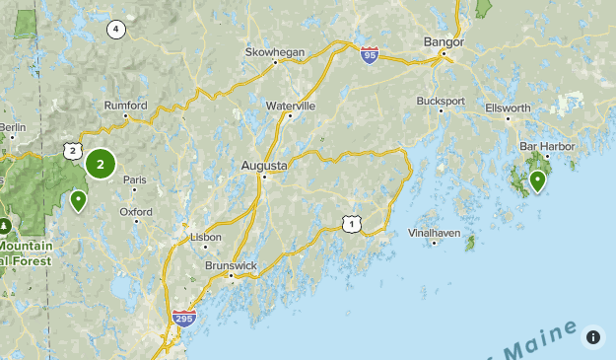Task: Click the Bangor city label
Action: click(x=443, y=41)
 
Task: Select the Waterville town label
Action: click(x=291, y=105)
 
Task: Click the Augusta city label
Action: click(x=263, y=166)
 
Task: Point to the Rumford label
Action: click(x=126, y=106)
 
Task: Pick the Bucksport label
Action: click(x=440, y=101)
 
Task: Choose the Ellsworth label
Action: click(x=508, y=108)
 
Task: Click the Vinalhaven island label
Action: click(x=434, y=233)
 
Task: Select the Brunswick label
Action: click(x=231, y=265)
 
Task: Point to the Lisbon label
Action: click(x=205, y=237)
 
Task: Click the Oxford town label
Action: click(x=136, y=211)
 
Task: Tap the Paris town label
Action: click(x=134, y=180)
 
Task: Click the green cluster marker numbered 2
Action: click(x=101, y=164)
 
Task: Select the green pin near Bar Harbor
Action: click(x=537, y=181)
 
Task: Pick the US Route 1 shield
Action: click(x=352, y=225)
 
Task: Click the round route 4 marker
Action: click(x=117, y=29)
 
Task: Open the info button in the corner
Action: click(x=593, y=337)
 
